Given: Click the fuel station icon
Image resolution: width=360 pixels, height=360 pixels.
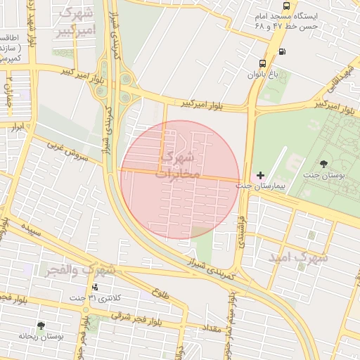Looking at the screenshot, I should pyautogui.click(x=283, y=51).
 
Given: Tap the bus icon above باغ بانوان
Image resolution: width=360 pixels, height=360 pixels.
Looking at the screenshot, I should pyautogui.click(x=263, y=63).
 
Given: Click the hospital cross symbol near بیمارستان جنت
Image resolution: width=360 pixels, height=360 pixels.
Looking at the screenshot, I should pyautogui.click(x=261, y=174).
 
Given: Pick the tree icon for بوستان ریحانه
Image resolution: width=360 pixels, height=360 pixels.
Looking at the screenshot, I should pyautogui.click(x=41, y=326).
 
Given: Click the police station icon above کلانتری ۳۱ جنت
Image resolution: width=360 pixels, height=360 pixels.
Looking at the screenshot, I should pyautogui.click(x=95, y=287).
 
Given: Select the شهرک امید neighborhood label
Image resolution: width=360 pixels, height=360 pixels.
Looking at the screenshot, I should pyautogui.click(x=298, y=258).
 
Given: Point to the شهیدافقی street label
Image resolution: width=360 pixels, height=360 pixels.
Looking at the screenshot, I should pyautogui.click(x=336, y=83).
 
